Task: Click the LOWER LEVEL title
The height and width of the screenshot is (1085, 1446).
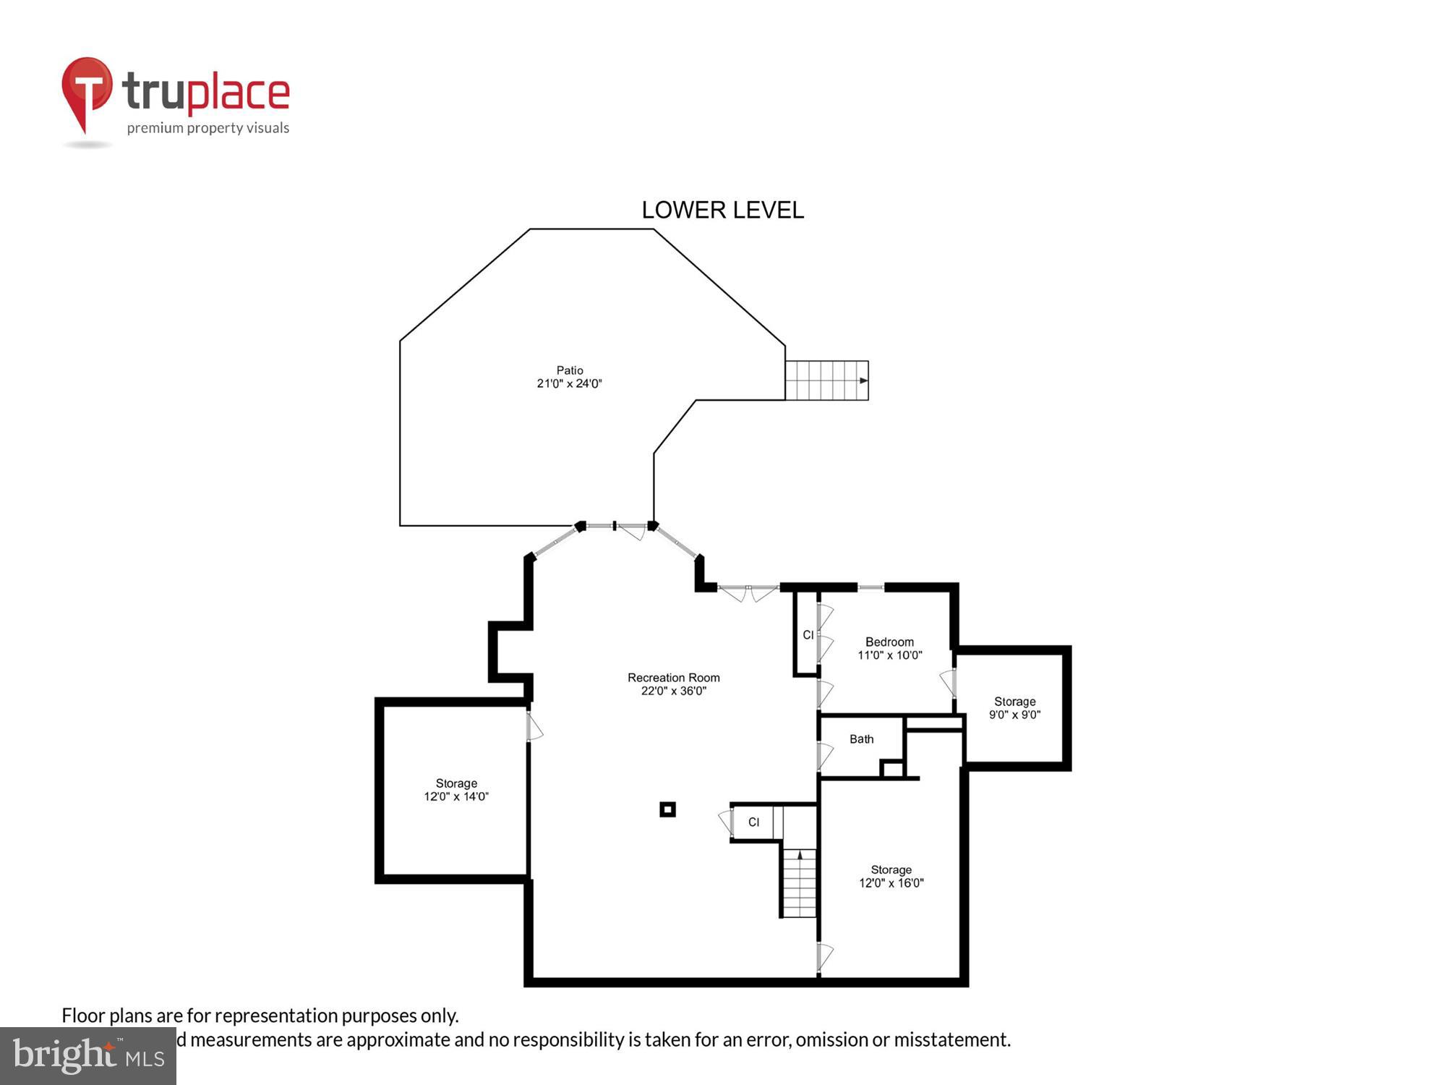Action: click(x=722, y=210)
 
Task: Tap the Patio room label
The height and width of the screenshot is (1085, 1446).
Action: click(x=570, y=370)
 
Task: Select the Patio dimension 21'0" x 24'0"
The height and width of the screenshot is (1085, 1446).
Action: click(x=570, y=384)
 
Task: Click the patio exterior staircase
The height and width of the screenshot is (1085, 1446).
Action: click(x=826, y=380)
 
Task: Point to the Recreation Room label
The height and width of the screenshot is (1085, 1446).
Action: click(x=673, y=678)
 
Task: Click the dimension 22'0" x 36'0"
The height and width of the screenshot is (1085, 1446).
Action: click(x=673, y=692)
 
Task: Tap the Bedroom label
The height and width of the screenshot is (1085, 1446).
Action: click(x=889, y=642)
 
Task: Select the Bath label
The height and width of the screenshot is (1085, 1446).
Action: click(x=861, y=739)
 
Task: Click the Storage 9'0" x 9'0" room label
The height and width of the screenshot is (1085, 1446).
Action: click(x=1014, y=702)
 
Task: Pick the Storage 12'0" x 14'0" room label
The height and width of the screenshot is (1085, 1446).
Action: click(x=456, y=783)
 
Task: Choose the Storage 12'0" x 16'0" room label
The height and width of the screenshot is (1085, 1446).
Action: click(x=891, y=870)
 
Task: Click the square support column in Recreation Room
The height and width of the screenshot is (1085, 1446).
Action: click(x=667, y=809)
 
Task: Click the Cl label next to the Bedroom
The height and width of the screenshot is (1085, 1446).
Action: click(x=808, y=635)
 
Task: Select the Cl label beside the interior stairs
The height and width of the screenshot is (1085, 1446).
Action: click(x=753, y=822)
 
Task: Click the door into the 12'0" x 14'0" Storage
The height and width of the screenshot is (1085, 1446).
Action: click(x=534, y=727)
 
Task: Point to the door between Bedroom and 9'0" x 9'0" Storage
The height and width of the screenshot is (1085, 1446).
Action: click(x=949, y=683)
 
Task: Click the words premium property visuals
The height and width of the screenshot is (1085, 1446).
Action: click(x=208, y=129)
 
